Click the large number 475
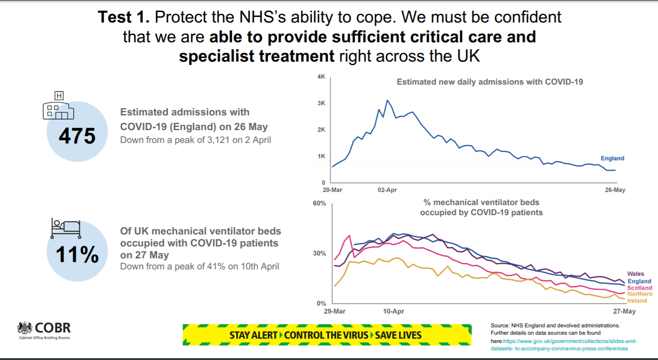pos(77,136)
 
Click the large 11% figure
pos(77,256)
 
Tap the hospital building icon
pos(58,107)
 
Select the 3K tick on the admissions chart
pos(321,103)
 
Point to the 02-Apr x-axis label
pos(387,189)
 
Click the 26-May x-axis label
pos(615,189)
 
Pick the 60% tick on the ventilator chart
pos(320,203)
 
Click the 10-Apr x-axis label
pos(393,311)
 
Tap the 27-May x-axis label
pos(624,311)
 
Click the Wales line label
pos(636,274)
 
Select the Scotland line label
pos(640,288)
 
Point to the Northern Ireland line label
pos(640,297)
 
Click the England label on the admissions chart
pos(612,159)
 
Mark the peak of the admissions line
pos(387,100)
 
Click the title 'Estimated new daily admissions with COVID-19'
pos(490,82)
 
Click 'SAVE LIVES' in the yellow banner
pos(398,335)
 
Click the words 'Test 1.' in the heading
pos(124,17)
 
